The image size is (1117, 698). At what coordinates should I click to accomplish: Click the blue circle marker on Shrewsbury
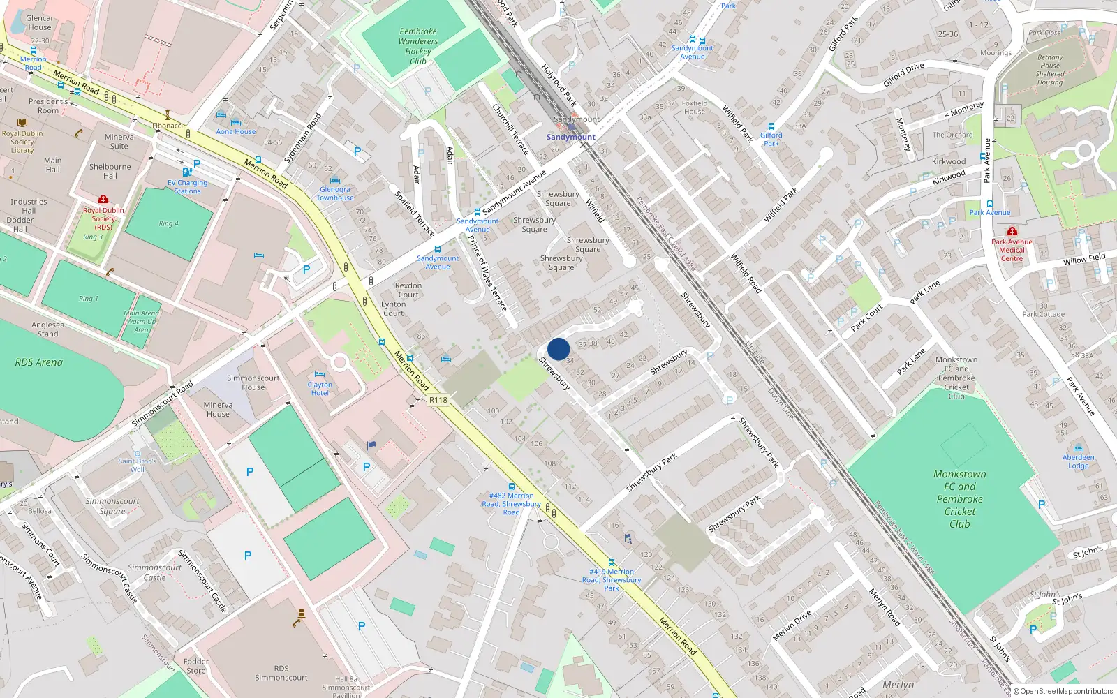(x=558, y=349)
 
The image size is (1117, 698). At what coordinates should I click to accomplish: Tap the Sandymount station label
(x=571, y=137)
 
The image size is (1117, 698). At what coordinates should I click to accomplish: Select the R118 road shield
(x=438, y=400)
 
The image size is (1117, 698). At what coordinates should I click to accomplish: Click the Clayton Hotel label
(x=320, y=389)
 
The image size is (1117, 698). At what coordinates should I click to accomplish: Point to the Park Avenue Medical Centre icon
(x=1012, y=231)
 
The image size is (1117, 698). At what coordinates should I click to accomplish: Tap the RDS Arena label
(x=39, y=362)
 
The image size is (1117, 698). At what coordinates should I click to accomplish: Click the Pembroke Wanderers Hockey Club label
(x=418, y=46)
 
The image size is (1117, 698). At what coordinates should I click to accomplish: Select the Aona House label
(x=236, y=131)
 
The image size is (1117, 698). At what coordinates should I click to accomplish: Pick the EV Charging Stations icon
(x=186, y=172)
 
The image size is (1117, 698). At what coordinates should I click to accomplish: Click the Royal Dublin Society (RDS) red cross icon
(x=103, y=200)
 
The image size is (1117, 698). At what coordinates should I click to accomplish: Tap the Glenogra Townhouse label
(x=335, y=193)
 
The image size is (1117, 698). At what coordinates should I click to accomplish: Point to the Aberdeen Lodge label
(x=1078, y=461)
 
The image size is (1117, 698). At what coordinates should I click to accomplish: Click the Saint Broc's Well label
(x=138, y=465)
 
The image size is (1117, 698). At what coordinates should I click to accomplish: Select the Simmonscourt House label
(x=253, y=383)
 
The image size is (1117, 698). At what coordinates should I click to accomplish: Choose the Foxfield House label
(x=695, y=107)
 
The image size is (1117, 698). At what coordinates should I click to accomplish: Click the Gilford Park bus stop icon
(x=771, y=127)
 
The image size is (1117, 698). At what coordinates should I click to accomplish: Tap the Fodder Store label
(x=196, y=666)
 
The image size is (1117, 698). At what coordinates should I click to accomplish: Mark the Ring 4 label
(x=168, y=223)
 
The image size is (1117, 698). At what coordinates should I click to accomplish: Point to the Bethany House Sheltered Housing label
(x=1050, y=70)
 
